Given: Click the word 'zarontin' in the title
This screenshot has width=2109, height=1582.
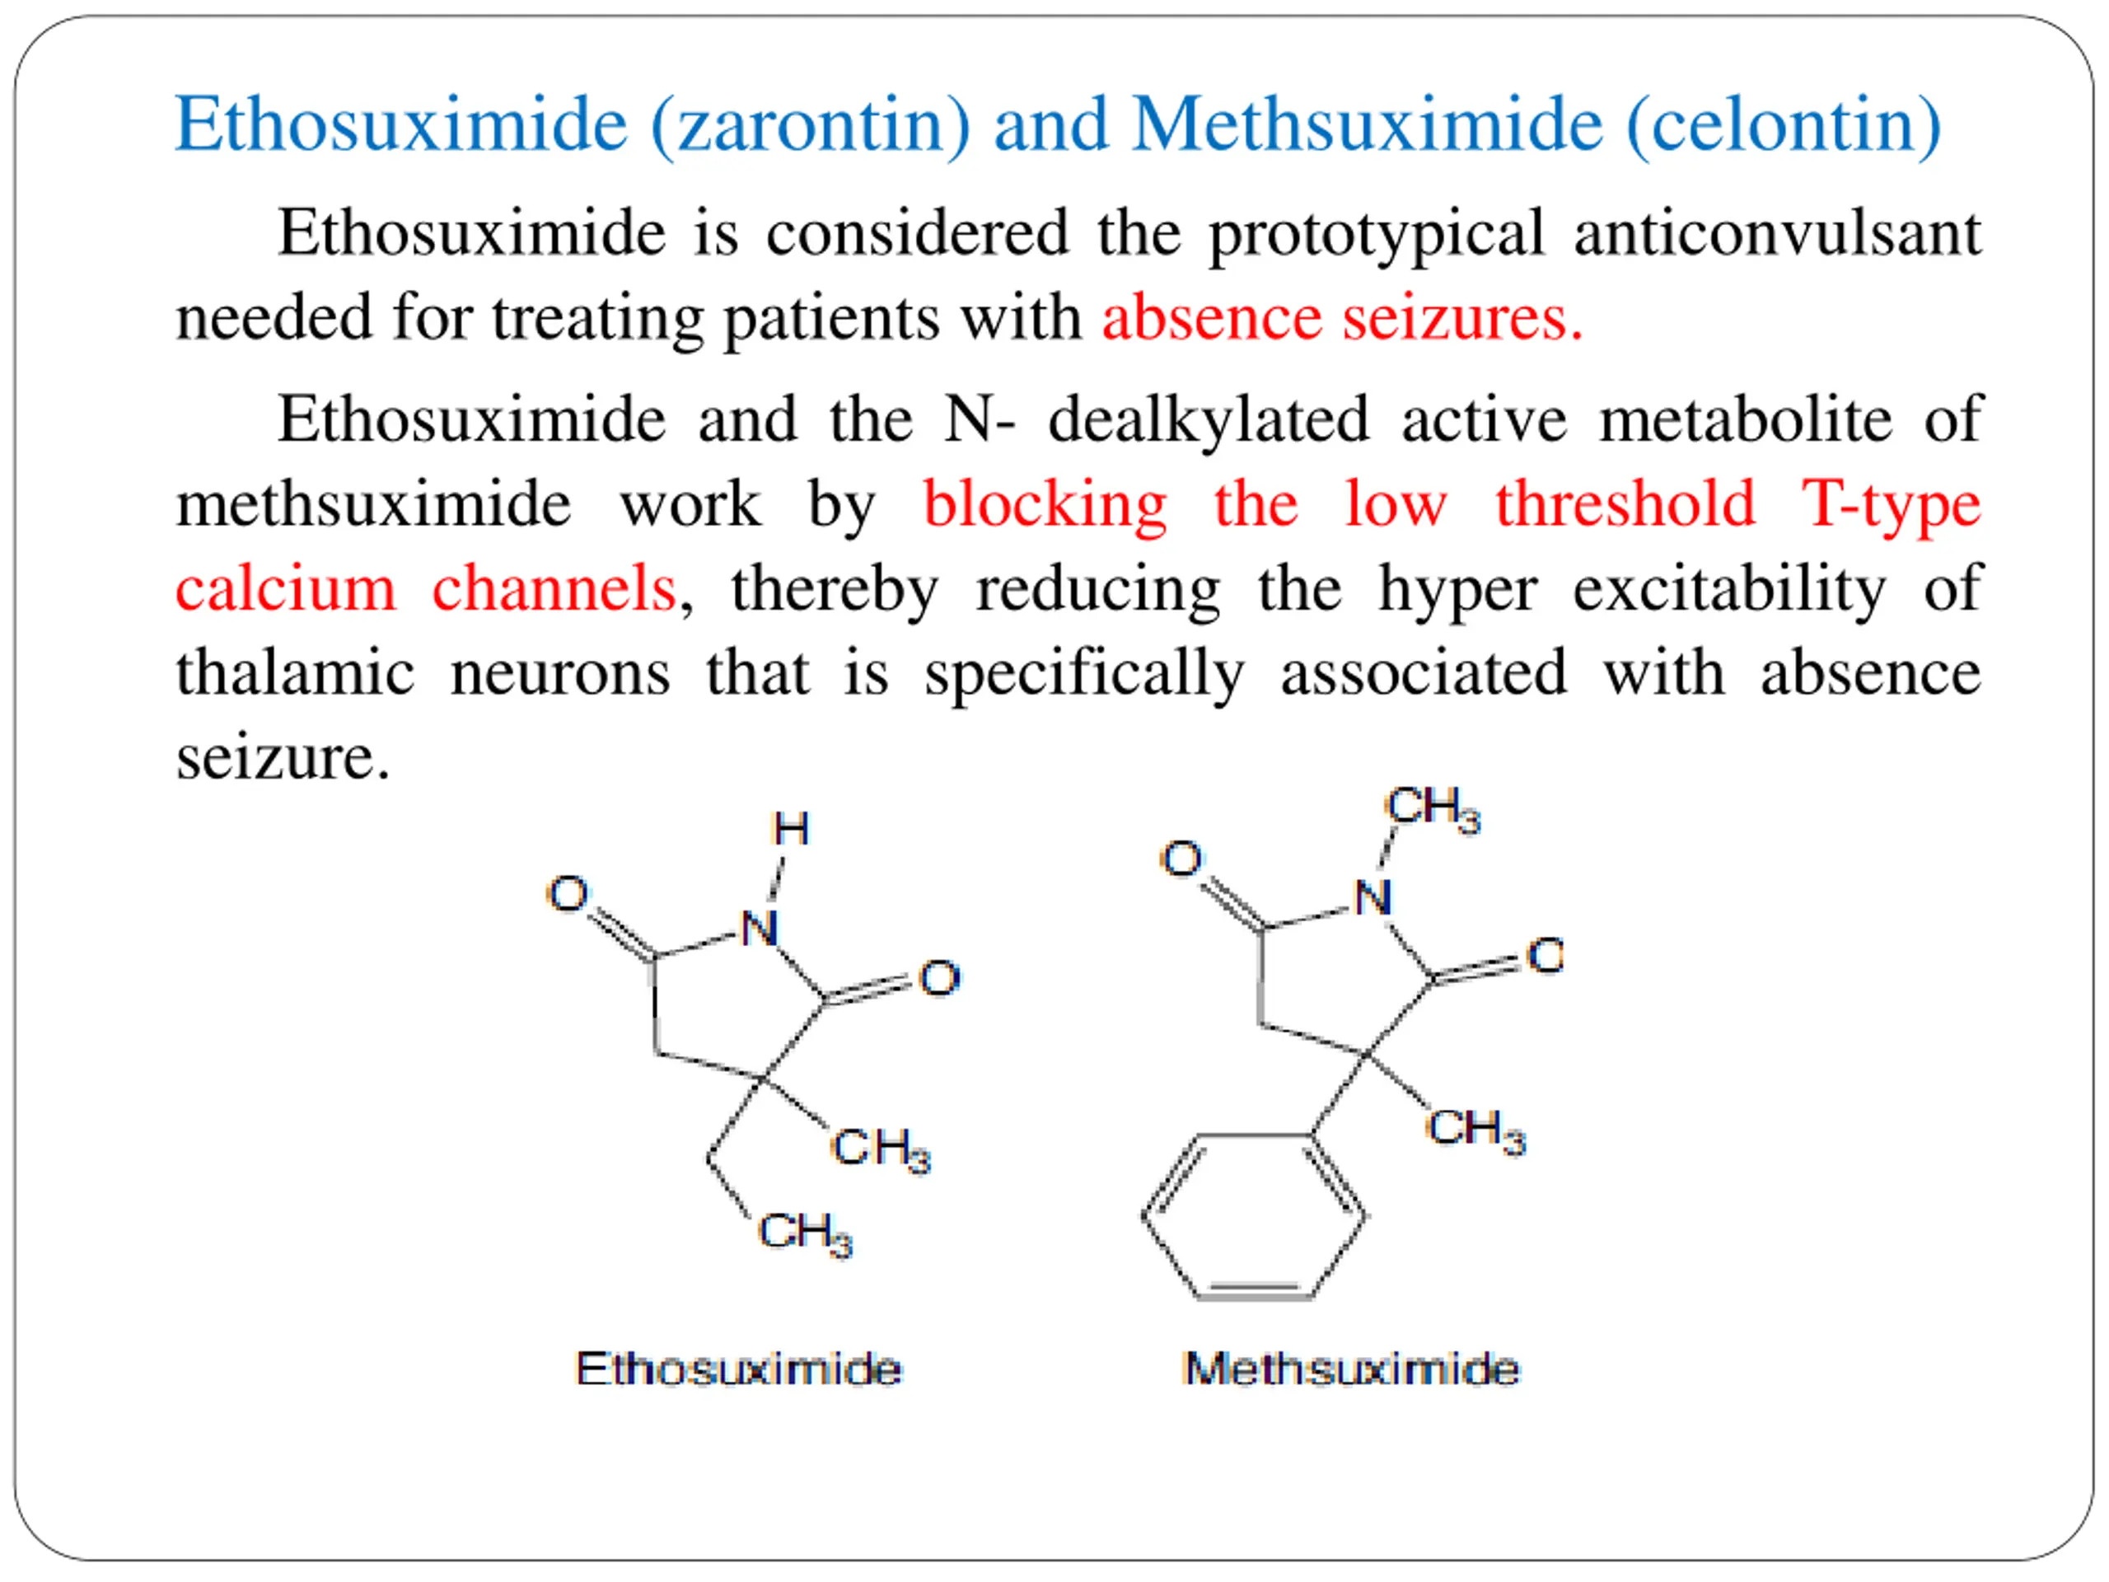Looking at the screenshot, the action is pyautogui.click(x=812, y=126).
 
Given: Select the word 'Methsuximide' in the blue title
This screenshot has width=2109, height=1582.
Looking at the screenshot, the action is pyautogui.click(x=1368, y=126).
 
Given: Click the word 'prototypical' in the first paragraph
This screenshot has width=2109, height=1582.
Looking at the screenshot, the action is pyautogui.click(x=1376, y=235).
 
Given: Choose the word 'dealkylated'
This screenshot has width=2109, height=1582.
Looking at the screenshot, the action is pyautogui.click(x=1208, y=420).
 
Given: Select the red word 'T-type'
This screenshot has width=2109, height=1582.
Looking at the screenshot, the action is pyautogui.click(x=1891, y=505).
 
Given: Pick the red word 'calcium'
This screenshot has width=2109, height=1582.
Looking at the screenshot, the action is pyautogui.click(x=285, y=588).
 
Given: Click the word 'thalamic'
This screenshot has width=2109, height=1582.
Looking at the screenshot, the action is pyautogui.click(x=295, y=673).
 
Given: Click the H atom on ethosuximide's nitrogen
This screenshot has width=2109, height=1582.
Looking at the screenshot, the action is pyautogui.click(x=790, y=829).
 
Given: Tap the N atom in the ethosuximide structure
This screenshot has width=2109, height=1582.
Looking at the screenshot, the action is pyautogui.click(x=760, y=928).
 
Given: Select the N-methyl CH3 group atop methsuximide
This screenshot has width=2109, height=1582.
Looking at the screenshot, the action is pyautogui.click(x=1432, y=808).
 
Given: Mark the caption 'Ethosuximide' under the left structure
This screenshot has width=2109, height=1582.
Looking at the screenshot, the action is pyautogui.click(x=739, y=1369).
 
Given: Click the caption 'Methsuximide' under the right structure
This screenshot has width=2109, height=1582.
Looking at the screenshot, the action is pyautogui.click(x=1351, y=1369).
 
